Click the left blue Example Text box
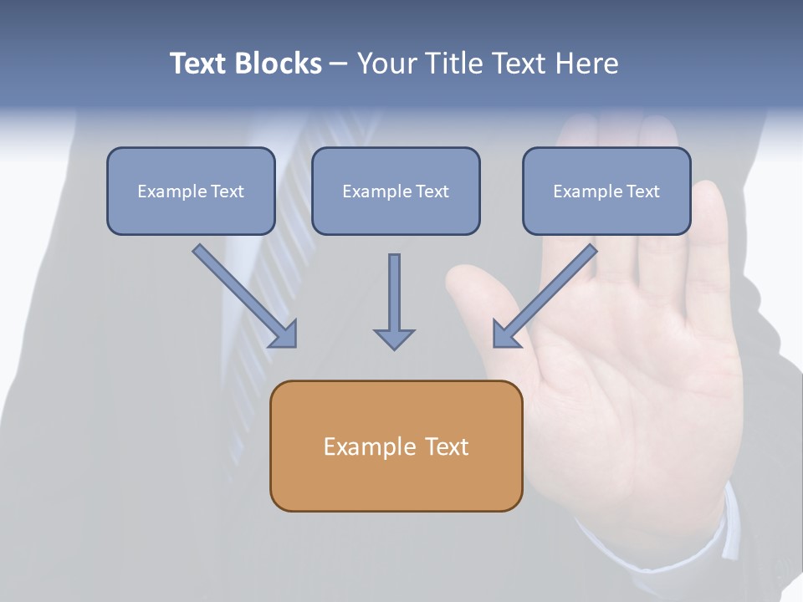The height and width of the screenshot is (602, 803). pyautogui.click(x=191, y=191)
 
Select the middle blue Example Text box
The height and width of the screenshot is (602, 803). pyautogui.click(x=396, y=191)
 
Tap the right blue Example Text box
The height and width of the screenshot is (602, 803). pyautogui.click(x=606, y=191)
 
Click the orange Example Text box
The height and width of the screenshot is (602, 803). pyautogui.click(x=396, y=446)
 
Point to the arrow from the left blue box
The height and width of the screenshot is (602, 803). pyautogui.click(x=244, y=295)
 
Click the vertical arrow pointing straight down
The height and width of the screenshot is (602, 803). pyautogui.click(x=394, y=301)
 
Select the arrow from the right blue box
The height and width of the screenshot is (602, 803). pyautogui.click(x=545, y=295)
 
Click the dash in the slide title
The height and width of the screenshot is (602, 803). pyautogui.click(x=339, y=64)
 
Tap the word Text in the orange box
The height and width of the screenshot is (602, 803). pyautogui.click(x=447, y=446)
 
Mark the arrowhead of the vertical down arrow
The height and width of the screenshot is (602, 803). pyautogui.click(x=394, y=339)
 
